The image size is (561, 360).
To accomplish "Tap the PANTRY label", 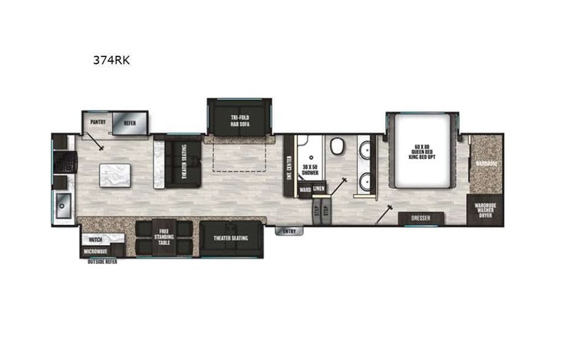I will click(97, 121).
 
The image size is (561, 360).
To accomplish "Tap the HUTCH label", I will click(95, 239).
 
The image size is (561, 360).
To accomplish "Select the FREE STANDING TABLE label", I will click(163, 237).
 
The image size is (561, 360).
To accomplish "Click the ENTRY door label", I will click(289, 230).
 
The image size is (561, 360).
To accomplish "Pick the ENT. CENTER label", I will click(289, 165).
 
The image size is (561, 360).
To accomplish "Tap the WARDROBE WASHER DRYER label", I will click(484, 210).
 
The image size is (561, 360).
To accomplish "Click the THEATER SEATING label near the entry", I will click(229, 239).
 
